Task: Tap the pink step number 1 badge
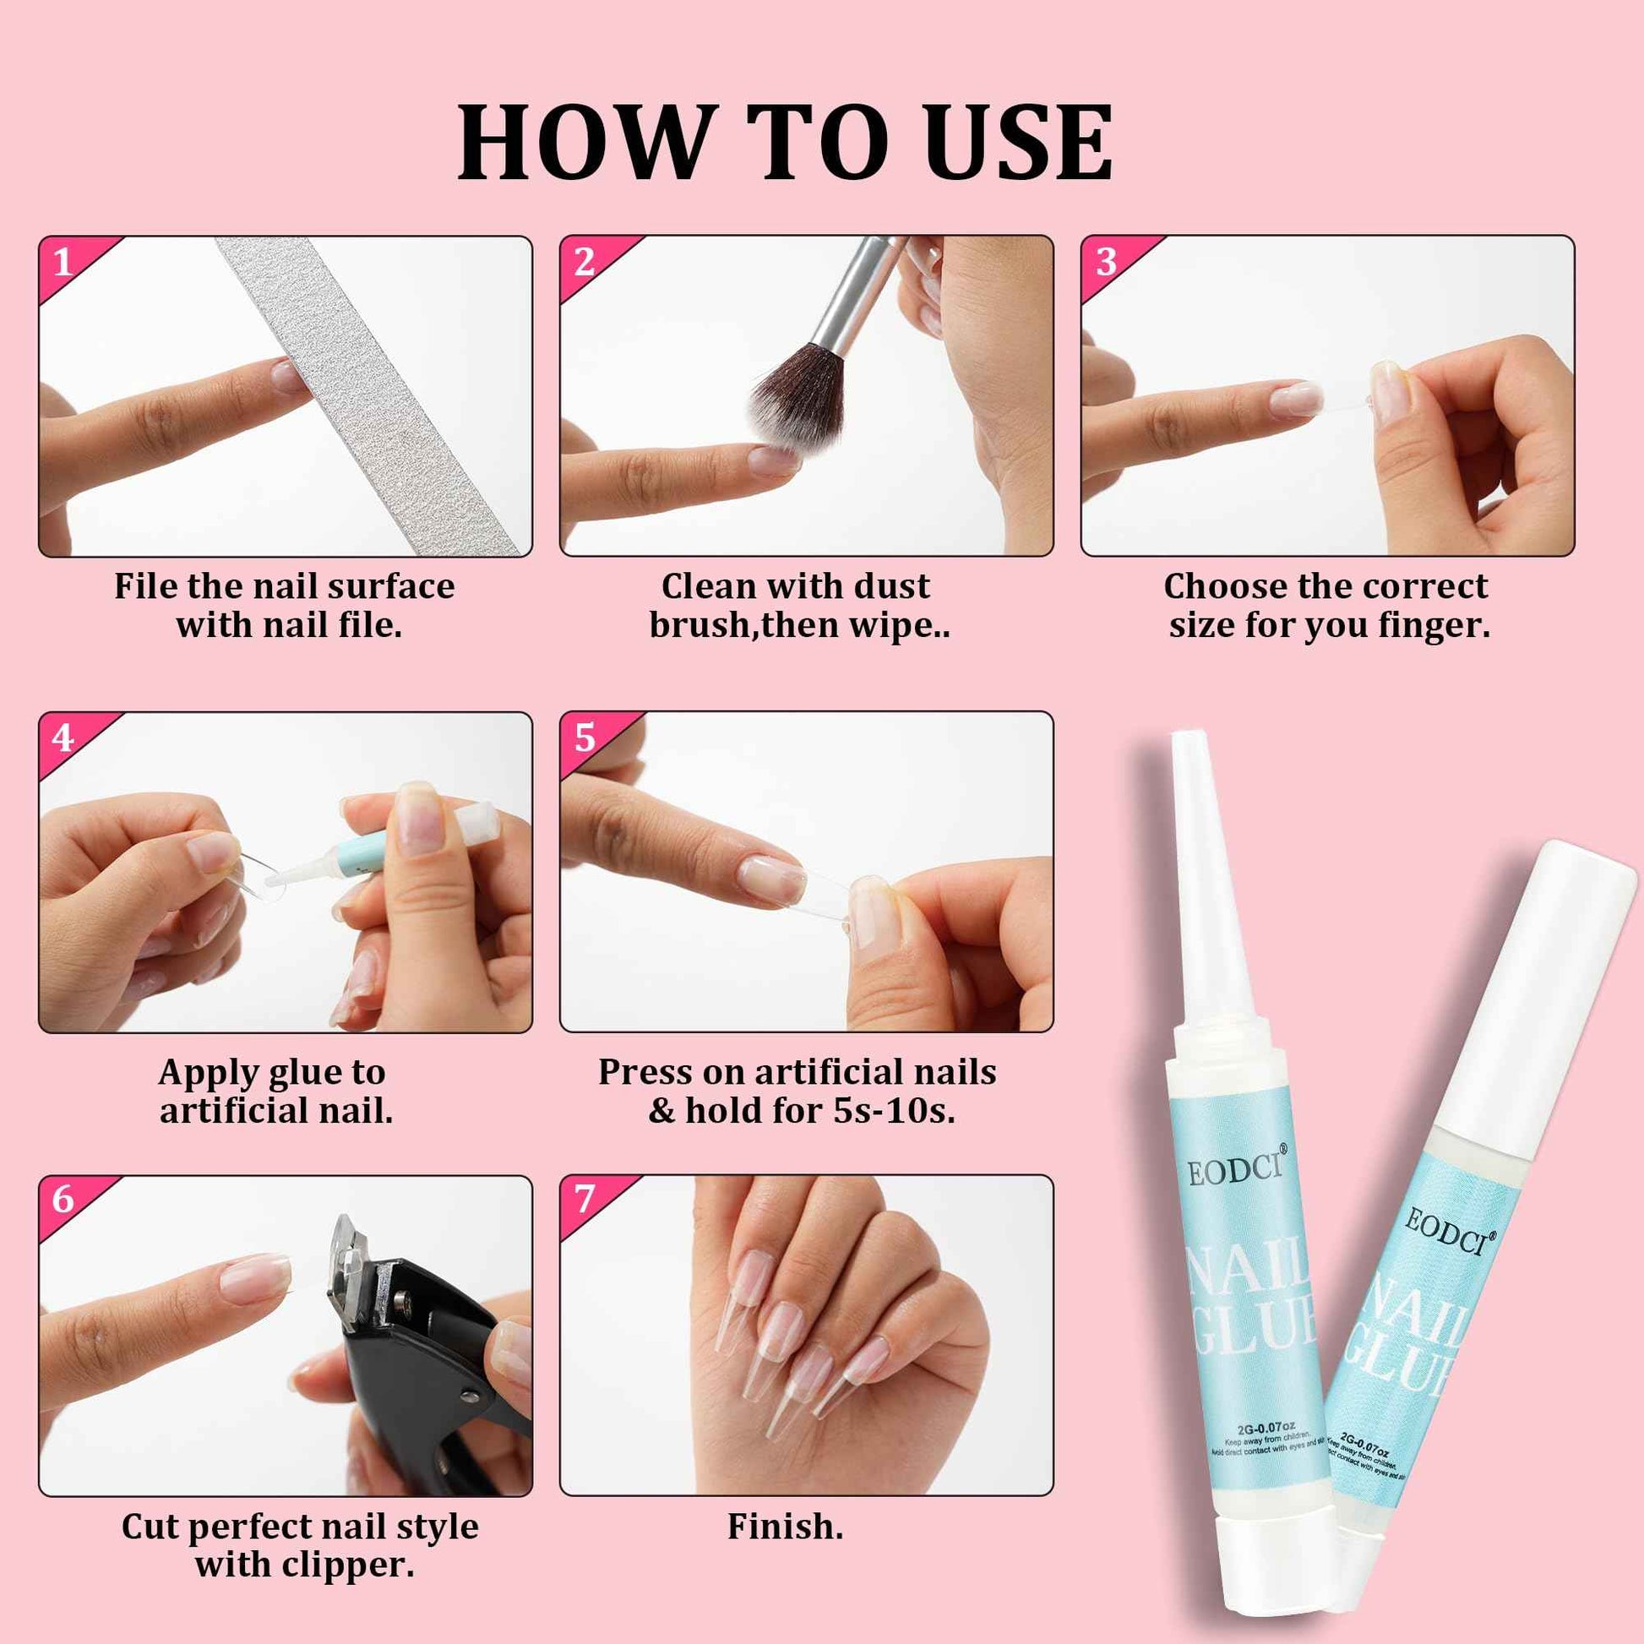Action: [x=64, y=263]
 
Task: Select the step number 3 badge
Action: [x=1105, y=263]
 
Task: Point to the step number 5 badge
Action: [x=585, y=738]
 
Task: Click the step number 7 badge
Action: [x=585, y=1200]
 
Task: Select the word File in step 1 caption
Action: [x=145, y=586]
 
